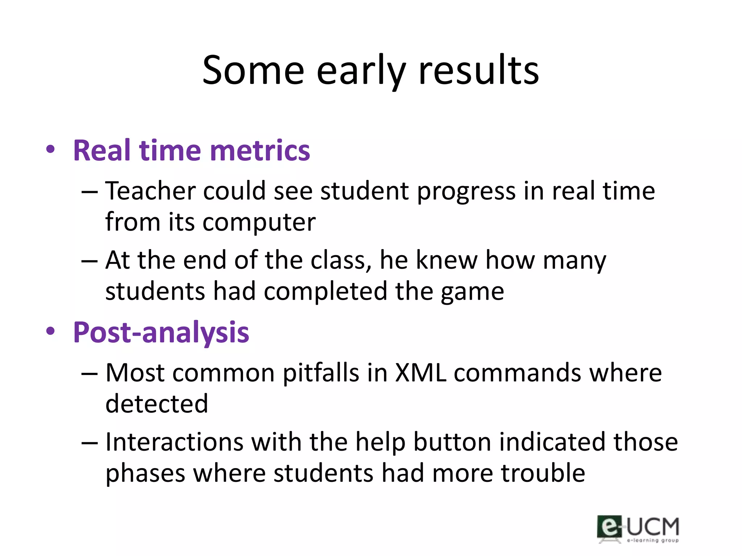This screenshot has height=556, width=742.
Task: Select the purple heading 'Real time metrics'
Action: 191,151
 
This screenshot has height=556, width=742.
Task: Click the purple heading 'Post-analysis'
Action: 161,332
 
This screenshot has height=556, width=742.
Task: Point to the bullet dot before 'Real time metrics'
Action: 50,149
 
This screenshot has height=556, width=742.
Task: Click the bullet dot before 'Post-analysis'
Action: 50,331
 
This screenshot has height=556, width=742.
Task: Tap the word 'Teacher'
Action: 150,191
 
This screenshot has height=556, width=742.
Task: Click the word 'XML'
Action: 420,373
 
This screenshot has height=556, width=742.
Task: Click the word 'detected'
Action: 157,404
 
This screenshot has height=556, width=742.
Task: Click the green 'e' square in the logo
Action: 609,527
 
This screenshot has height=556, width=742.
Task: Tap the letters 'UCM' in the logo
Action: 653,527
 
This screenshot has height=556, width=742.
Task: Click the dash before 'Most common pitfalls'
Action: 89,374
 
